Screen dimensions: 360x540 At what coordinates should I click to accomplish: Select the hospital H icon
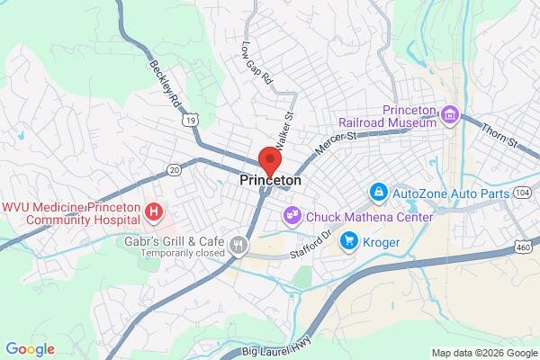coord(155,212)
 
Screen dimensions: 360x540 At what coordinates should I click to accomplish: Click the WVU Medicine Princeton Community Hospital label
coord(71,212)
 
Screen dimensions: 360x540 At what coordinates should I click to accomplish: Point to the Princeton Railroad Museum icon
coord(451,115)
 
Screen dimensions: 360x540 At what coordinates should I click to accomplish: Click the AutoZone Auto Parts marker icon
coord(379,192)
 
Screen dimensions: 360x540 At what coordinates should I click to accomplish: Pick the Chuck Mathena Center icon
coord(292,216)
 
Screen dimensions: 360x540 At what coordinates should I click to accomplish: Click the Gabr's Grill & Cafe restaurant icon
coord(238,243)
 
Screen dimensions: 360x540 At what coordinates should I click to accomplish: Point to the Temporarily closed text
coord(176,255)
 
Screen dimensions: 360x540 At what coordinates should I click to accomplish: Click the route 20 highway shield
coord(175,169)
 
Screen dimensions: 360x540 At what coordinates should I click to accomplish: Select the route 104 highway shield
coord(523,193)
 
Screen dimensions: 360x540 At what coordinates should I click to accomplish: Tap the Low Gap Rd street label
coord(256,62)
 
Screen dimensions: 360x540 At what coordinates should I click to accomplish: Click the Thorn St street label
coord(500,136)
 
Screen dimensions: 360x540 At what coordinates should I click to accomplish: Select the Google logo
coord(30,348)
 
